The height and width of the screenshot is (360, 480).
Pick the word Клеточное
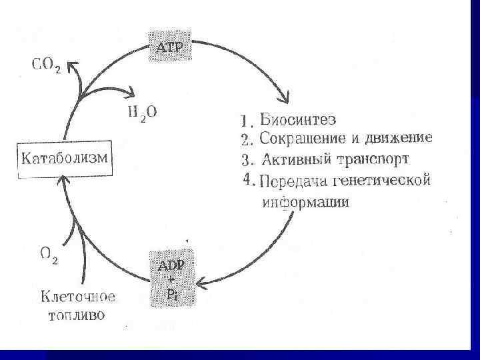coord(79,295)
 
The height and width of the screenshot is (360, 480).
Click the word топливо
coord(75,315)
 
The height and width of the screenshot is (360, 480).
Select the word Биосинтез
coord(298,121)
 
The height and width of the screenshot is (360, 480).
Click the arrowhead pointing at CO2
coord(73,65)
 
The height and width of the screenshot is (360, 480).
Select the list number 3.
coord(245,161)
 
